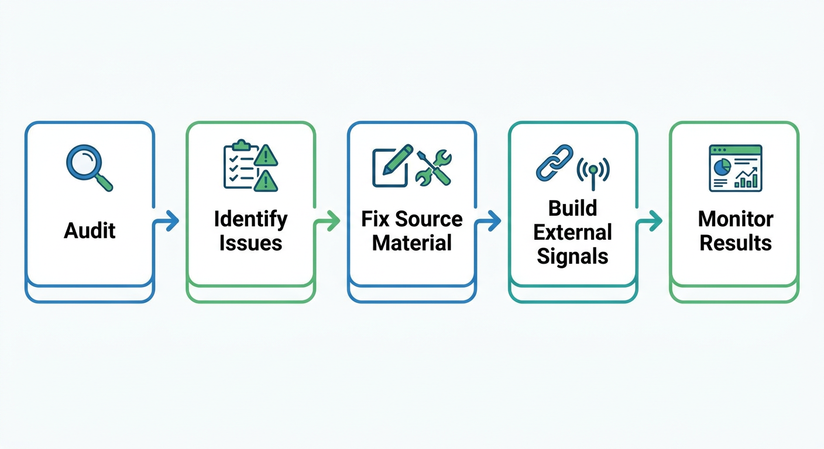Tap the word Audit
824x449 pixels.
90,230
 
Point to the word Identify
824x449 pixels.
250,220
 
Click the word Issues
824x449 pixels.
250,243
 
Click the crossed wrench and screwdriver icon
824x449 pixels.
434,167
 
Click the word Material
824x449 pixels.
412,243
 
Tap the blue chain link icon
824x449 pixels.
554,163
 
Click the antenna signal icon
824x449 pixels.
593,171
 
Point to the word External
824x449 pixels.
573,232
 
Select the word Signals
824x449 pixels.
573,255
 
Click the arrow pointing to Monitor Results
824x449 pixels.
651,221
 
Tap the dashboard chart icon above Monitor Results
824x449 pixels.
735,168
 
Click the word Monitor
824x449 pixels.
736,220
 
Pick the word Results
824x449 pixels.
736,243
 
